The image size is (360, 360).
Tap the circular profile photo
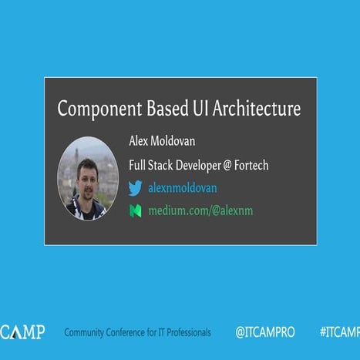tap(87, 178)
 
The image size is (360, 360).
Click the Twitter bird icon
tap(136, 188)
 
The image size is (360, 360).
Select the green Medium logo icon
tap(136, 210)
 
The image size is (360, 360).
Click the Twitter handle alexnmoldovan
tap(183, 188)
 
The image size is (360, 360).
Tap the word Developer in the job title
tap(183, 164)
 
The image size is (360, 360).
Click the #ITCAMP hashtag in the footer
tap(339, 332)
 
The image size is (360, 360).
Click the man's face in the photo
tap(86, 175)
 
